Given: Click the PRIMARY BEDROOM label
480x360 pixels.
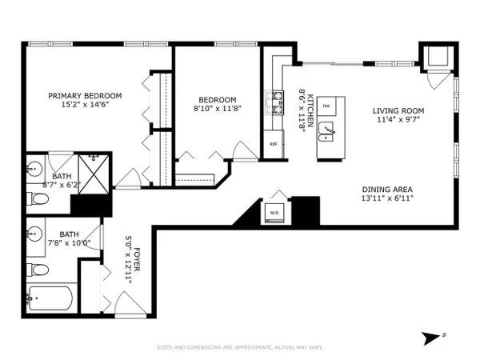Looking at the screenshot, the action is click(x=85, y=96).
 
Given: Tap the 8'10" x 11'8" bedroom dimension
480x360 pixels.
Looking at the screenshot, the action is click(x=218, y=108).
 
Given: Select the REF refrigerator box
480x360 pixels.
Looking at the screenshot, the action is click(x=274, y=144).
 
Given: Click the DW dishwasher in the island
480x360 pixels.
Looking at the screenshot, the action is click(x=326, y=106).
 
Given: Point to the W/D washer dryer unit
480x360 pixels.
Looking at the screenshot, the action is click(x=274, y=213).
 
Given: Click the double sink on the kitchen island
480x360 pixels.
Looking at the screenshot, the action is click(x=326, y=132).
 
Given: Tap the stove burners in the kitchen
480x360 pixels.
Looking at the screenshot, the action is click(x=274, y=102).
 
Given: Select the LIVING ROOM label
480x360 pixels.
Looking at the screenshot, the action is click(x=398, y=111).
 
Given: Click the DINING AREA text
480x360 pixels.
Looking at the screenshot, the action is click(x=387, y=190).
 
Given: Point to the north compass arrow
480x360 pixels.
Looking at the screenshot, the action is click(x=431, y=338).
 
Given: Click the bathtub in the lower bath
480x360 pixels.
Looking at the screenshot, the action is click(x=50, y=298).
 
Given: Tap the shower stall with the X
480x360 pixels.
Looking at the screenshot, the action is click(x=94, y=174).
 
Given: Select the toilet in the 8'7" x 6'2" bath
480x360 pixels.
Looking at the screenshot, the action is click(x=38, y=198).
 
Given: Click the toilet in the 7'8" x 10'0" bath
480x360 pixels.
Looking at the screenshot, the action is click(x=38, y=270).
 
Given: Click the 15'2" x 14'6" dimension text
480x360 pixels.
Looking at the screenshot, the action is click(x=85, y=105).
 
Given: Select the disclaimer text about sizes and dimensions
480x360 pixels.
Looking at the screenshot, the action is click(x=240, y=347).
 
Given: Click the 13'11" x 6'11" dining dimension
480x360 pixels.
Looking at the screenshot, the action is click(x=387, y=198).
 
